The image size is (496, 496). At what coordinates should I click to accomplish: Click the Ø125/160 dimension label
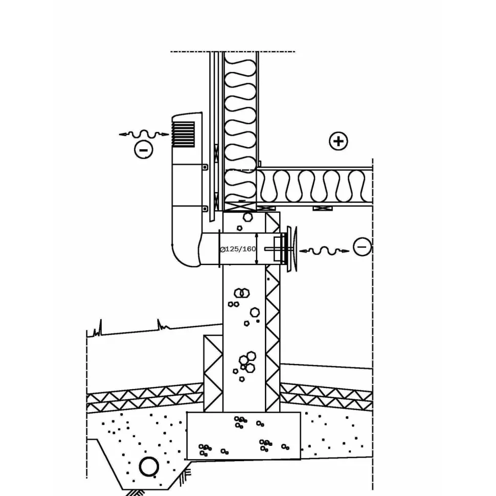[238, 249]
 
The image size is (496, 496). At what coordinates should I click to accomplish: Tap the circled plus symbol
[339, 141]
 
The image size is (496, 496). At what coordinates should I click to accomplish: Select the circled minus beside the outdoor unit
[144, 150]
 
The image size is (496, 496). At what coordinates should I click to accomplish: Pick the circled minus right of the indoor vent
[362, 247]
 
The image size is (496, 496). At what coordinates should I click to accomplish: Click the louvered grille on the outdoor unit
[183, 134]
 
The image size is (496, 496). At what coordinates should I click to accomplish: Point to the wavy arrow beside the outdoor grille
[144, 134]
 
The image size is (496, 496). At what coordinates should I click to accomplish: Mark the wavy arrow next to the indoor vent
[324, 251]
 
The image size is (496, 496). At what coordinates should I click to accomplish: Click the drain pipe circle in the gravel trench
[149, 466]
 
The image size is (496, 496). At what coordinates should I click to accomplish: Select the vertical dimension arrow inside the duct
[257, 249]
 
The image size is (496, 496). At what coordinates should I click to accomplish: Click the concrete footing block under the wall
[243, 436]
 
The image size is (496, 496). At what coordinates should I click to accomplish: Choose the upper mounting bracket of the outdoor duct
[205, 167]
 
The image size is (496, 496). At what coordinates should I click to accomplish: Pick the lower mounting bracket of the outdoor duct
[205, 209]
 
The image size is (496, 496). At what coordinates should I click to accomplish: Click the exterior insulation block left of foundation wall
[213, 373]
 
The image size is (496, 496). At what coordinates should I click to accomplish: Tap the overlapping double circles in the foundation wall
[242, 293]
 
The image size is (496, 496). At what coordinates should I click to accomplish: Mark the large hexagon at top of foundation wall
[247, 217]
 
